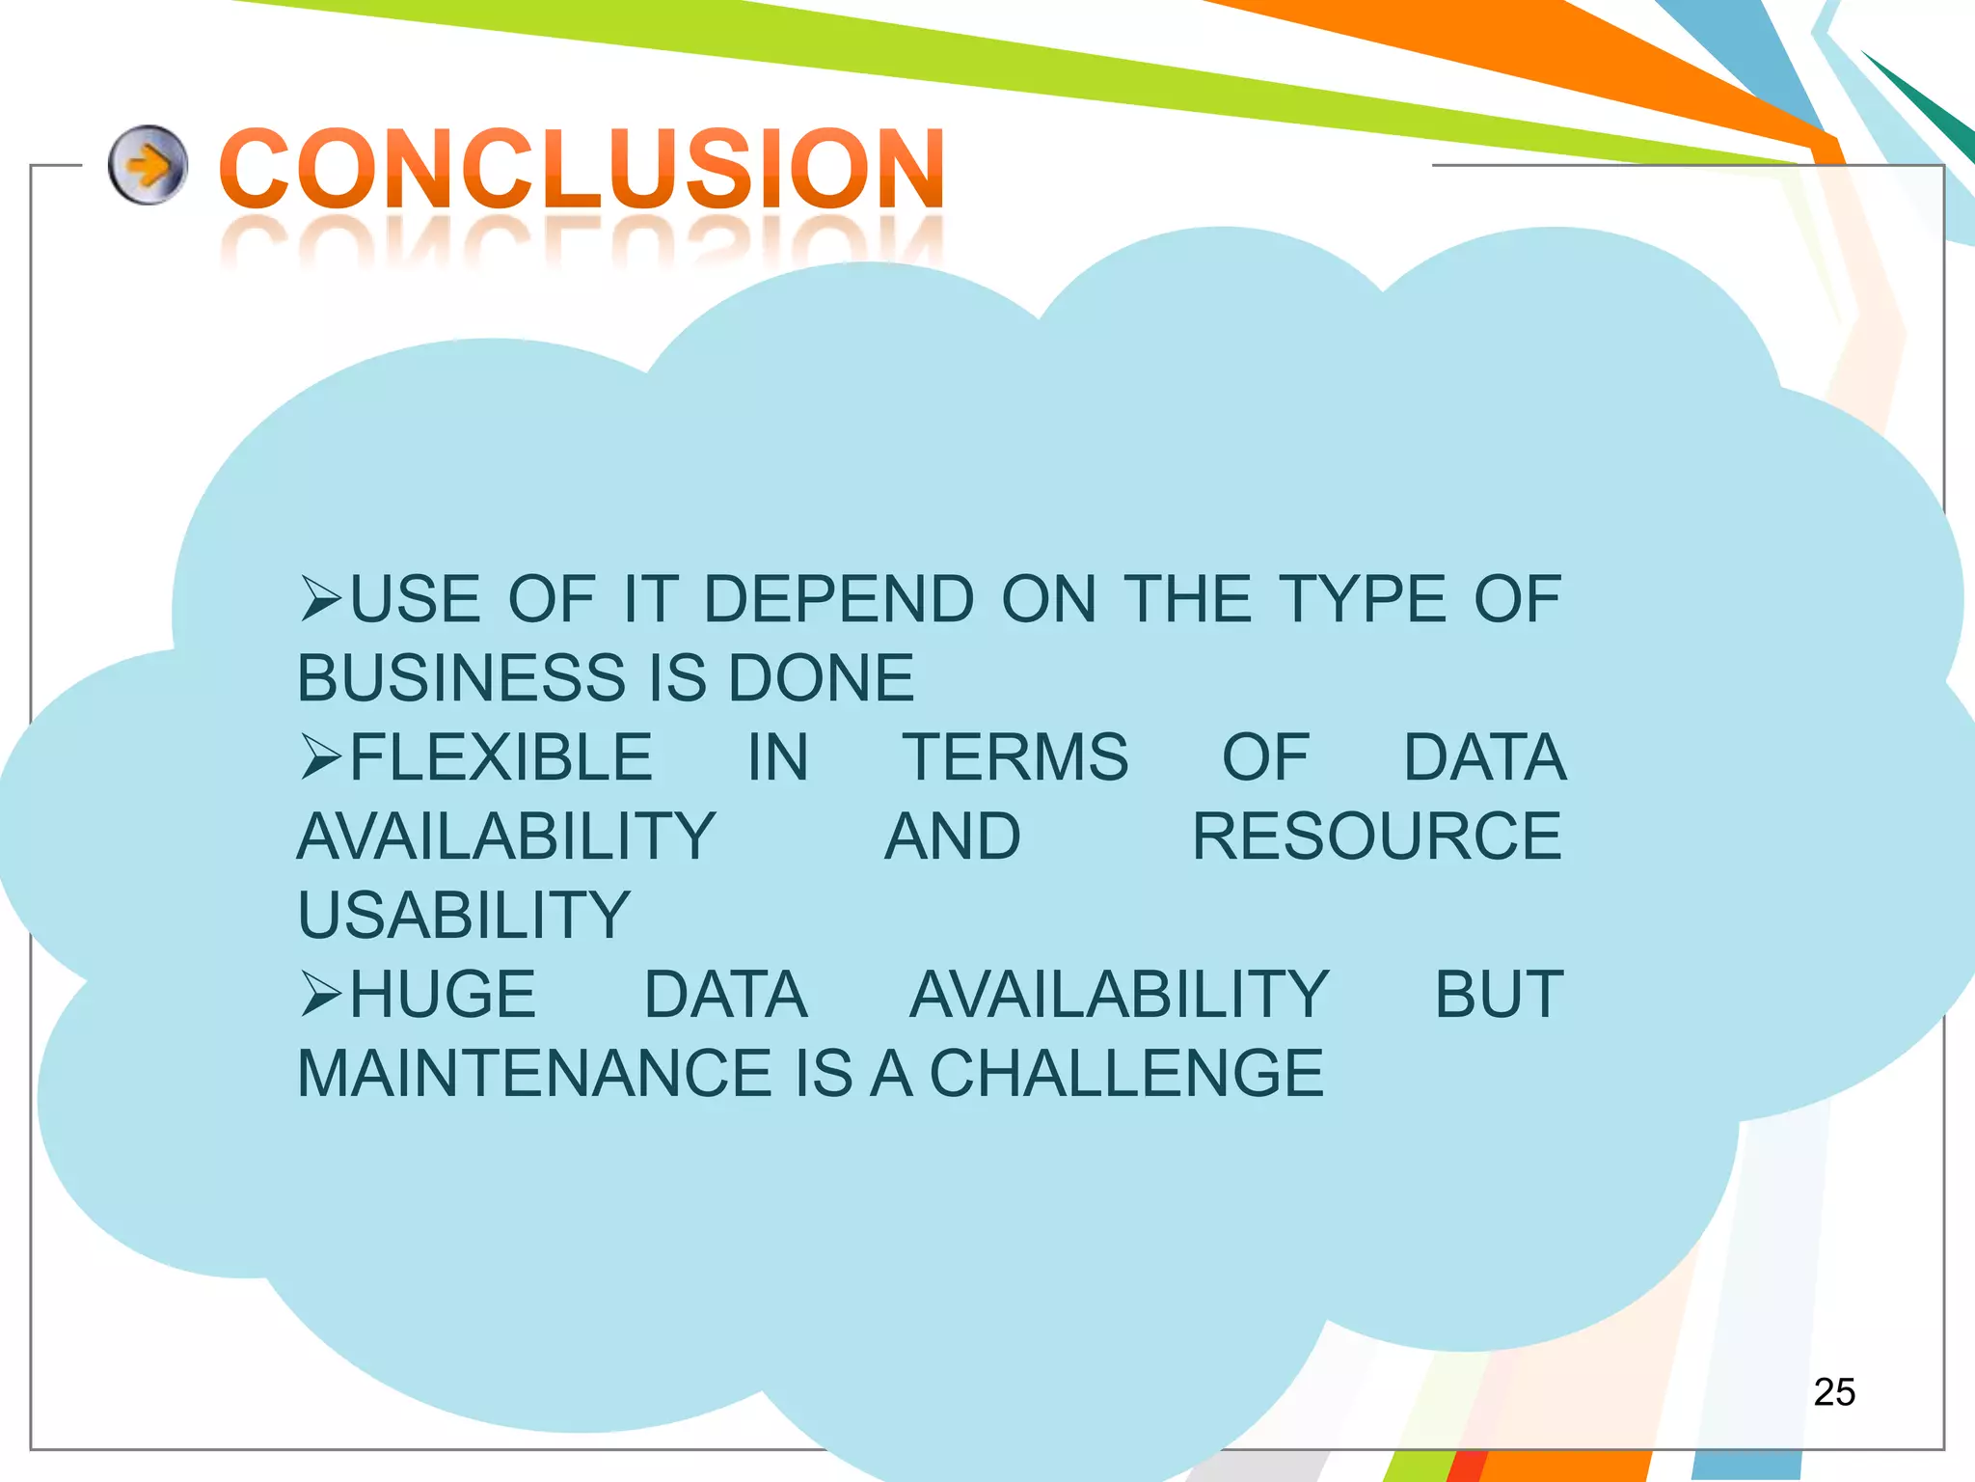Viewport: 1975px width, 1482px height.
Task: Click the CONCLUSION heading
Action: (582, 169)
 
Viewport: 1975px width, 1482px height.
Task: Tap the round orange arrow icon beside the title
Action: (147, 165)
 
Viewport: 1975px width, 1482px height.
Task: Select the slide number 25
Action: (1833, 1392)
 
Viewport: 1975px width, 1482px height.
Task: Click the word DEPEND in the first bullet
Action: (839, 599)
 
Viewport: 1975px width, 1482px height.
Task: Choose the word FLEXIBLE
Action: (501, 757)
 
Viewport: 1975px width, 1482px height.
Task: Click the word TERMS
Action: (1015, 757)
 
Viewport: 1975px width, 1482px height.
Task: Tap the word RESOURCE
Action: (1376, 837)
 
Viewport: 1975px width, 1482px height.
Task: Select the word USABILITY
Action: (464, 916)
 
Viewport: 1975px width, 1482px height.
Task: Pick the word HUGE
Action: (443, 995)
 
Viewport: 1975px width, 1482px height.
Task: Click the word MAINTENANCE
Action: (533, 1074)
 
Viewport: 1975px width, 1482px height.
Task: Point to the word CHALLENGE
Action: (1126, 1074)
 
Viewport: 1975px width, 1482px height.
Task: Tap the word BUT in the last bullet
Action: (1498, 995)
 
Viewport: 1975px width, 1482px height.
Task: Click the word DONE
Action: (821, 678)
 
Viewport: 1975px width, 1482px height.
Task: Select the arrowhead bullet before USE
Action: (321, 598)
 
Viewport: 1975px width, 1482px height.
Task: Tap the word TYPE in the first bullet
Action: (1362, 599)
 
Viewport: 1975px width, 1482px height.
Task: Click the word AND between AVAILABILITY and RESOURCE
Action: (953, 837)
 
